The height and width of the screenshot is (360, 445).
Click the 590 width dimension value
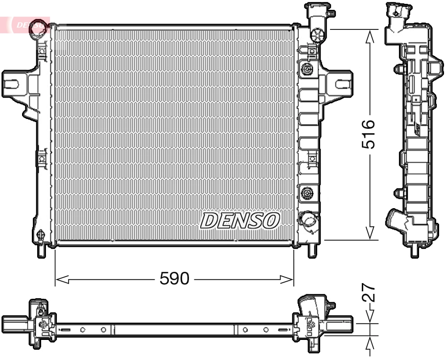(x=174, y=279)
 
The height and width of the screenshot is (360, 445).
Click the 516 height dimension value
(x=368, y=133)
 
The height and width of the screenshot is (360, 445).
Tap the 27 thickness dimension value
(x=370, y=292)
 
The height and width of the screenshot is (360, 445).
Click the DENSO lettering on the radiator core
(x=239, y=220)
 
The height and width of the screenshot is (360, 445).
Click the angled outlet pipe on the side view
(x=397, y=222)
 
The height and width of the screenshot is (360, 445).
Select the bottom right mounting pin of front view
(x=311, y=250)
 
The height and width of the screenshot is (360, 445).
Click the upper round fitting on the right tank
(x=307, y=69)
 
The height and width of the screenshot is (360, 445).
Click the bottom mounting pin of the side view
(x=415, y=250)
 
